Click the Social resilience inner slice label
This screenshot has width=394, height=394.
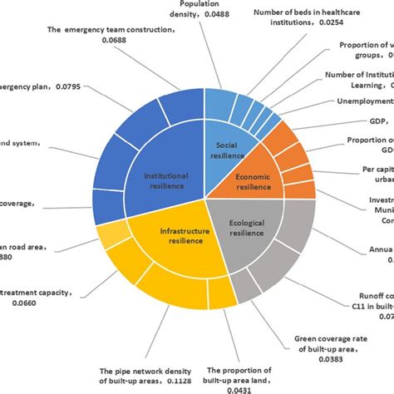pyautogui.click(x=224, y=150)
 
